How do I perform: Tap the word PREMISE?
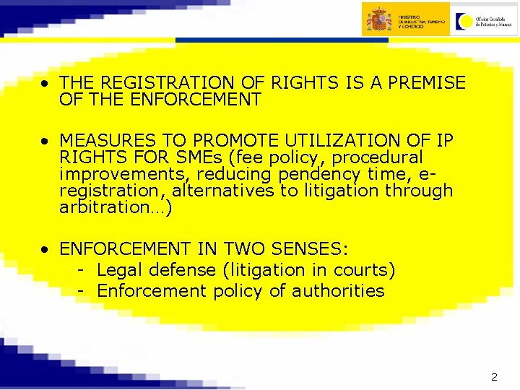point(427,83)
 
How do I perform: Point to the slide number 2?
point(494,376)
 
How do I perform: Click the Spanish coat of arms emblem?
point(378,19)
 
